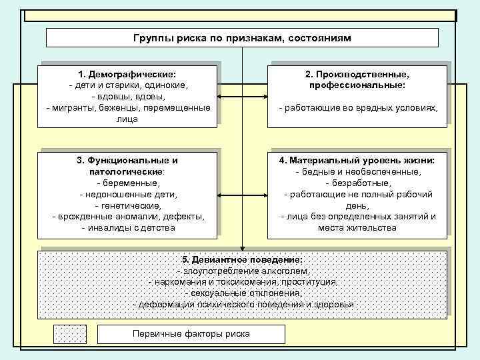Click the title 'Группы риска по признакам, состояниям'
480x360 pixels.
click(242, 38)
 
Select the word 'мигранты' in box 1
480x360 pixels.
click(75, 108)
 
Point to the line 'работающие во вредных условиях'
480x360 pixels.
click(359, 108)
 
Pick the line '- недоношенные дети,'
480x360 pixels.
click(127, 195)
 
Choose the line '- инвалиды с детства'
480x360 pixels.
click(127, 228)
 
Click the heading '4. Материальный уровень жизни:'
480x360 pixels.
click(358, 161)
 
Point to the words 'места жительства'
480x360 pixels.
click(358, 228)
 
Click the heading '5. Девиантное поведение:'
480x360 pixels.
click(242, 259)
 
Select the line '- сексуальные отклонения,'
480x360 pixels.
click(243, 293)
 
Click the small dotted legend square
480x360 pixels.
click(69, 334)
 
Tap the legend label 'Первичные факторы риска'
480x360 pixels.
click(191, 334)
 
